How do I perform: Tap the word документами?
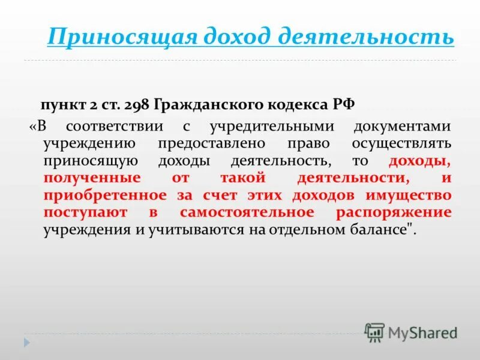point(403,127)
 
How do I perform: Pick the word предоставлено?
point(212,144)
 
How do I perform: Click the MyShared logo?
point(410,332)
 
